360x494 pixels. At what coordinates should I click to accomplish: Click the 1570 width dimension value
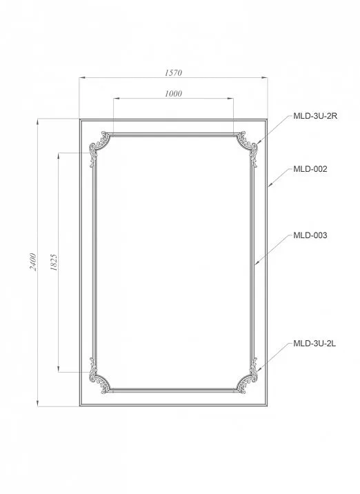click(174, 72)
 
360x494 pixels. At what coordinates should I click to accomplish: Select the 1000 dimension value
click(174, 94)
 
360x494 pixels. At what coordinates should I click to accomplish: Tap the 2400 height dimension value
click(33, 261)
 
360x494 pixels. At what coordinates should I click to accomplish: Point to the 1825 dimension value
click(54, 262)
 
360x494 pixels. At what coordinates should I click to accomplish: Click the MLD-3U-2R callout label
click(315, 116)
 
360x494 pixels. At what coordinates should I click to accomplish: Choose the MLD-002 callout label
click(310, 169)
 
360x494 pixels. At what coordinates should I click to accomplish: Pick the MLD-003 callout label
click(310, 235)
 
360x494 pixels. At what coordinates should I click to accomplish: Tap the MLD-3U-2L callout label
click(314, 344)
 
